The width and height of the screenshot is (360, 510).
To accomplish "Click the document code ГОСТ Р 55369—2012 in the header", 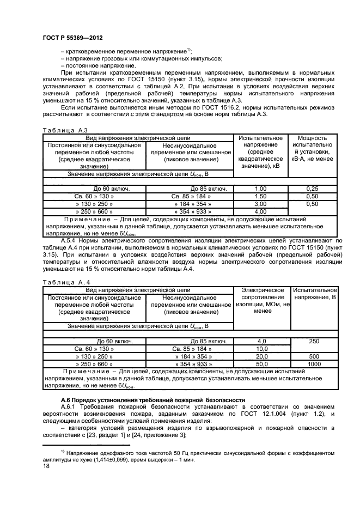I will pyautogui.click(x=72, y=38).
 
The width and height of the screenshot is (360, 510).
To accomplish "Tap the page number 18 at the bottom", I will pyautogui.click(x=46, y=466).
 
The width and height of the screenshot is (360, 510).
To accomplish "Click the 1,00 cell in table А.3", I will pyautogui.click(x=260, y=188).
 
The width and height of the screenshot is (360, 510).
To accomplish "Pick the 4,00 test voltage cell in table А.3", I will pyautogui.click(x=260, y=211).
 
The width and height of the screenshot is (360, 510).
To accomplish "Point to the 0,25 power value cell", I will pyautogui.click(x=312, y=188).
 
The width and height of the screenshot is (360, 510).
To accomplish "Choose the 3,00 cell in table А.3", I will pyautogui.click(x=260, y=203).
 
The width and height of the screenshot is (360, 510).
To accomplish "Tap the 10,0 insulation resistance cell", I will pyautogui.click(x=260, y=348).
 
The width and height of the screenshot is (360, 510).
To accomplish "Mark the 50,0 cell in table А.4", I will pyautogui.click(x=260, y=363).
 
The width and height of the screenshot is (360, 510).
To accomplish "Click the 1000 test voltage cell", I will pyautogui.click(x=314, y=363).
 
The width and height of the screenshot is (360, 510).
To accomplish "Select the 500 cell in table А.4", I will pyautogui.click(x=314, y=356).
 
